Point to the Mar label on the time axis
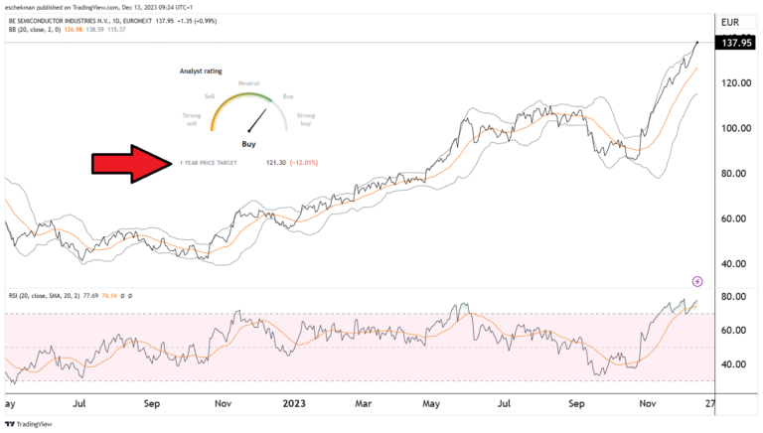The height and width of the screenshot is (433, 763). pyautogui.click(x=364, y=405)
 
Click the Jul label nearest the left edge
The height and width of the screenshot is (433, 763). pyautogui.click(x=78, y=405)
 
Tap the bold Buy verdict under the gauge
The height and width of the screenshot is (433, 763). pyautogui.click(x=249, y=145)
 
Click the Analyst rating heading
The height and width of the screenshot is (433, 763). pyautogui.click(x=201, y=72)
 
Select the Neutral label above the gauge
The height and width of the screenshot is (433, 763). pyautogui.click(x=248, y=83)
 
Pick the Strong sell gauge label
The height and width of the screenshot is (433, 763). pyautogui.click(x=192, y=120)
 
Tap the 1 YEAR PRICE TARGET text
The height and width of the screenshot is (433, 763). pyautogui.click(x=209, y=162)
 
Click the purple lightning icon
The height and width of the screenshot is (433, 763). pyautogui.click(x=697, y=281)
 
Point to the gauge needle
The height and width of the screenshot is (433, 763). pyautogui.click(x=257, y=121)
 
